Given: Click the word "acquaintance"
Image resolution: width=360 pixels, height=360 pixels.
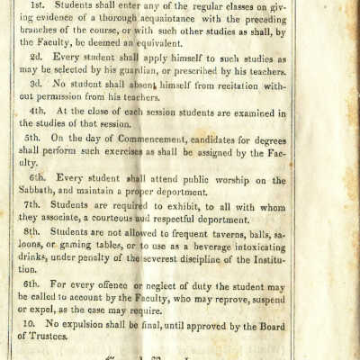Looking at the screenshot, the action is coord(195,21).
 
